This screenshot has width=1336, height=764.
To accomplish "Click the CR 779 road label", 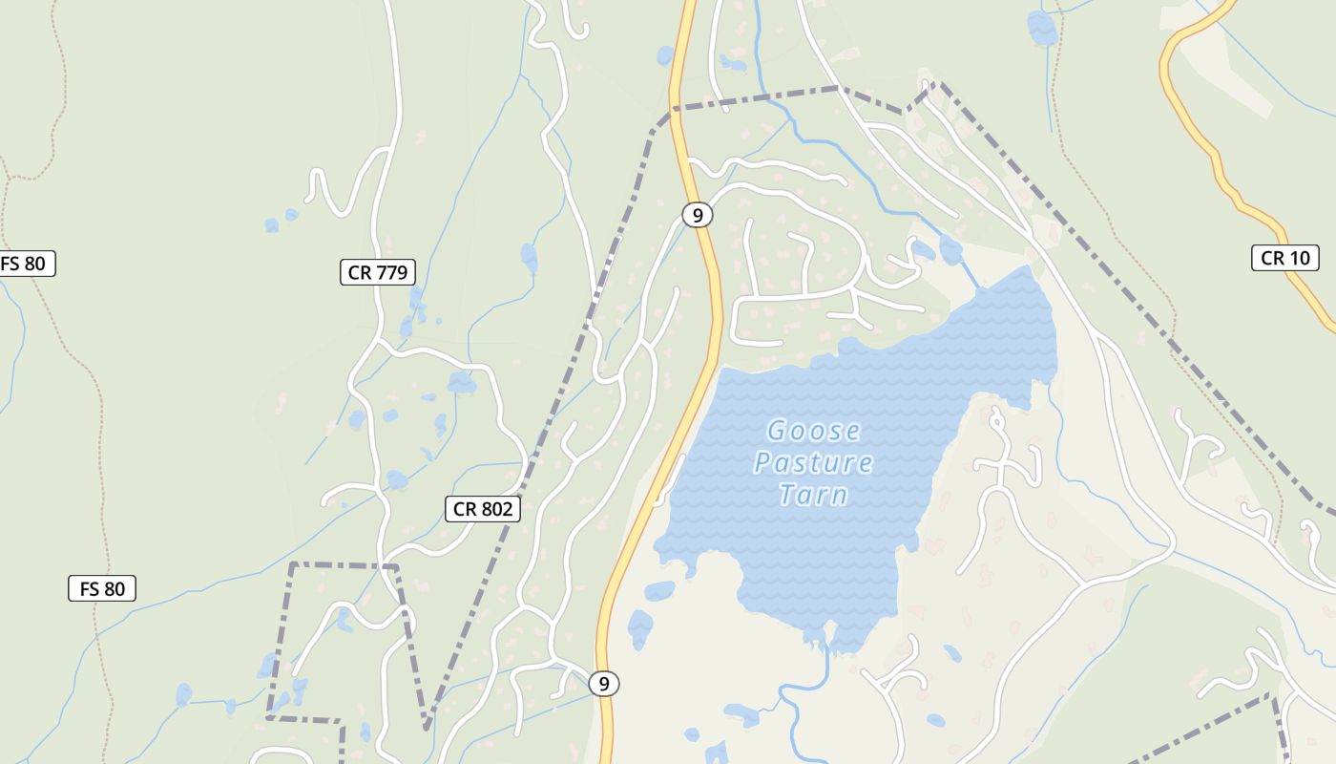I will tap(378, 272).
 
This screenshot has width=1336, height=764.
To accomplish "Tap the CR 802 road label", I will tap(483, 509).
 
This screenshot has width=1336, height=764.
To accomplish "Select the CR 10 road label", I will tap(1284, 257).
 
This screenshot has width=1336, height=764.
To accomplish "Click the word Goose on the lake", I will tap(814, 432).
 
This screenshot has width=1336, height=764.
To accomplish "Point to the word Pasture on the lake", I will tap(813, 463).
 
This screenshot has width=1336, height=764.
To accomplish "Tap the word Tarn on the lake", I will tap(813, 495).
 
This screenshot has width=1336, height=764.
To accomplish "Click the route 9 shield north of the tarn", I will tap(698, 215).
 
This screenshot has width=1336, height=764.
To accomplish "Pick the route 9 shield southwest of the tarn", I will tap(603, 684).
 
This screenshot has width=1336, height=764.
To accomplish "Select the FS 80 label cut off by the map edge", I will tap(25, 264).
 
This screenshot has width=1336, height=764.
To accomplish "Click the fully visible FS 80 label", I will tap(102, 588).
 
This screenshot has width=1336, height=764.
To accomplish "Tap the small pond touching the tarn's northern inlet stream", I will tap(950, 250).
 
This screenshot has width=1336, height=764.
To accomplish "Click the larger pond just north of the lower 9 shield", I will tap(640, 628).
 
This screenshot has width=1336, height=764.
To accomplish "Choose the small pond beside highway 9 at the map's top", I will tap(665, 55).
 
